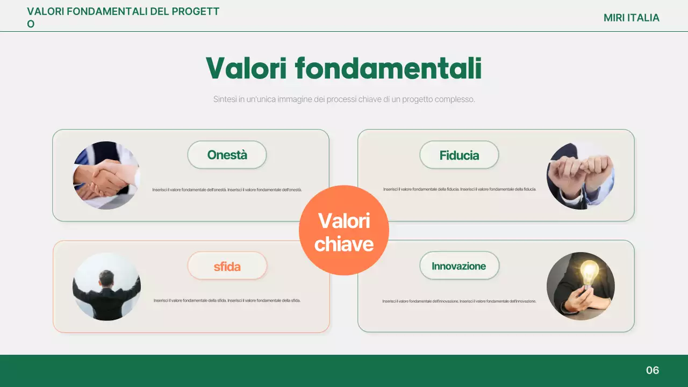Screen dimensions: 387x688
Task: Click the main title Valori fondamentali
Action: pyautogui.click(x=343, y=69)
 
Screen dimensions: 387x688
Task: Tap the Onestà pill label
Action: pyautogui.click(x=227, y=155)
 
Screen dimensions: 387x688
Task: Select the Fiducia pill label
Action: pyautogui.click(x=459, y=155)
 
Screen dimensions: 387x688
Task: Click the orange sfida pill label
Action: pyautogui.click(x=227, y=266)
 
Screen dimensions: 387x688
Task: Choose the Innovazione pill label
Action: pyautogui.click(x=458, y=266)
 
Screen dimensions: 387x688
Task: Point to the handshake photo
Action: pyautogui.click(x=106, y=175)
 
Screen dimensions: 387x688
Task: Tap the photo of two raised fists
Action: pyautogui.click(x=580, y=175)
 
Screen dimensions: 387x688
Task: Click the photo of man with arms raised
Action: pyautogui.click(x=106, y=286)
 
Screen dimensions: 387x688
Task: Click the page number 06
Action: pyautogui.click(x=653, y=370)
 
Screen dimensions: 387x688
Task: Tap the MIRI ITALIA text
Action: pyautogui.click(x=631, y=18)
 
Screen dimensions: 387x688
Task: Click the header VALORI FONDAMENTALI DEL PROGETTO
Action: pyautogui.click(x=123, y=12)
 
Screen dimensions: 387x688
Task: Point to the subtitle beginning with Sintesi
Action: pyautogui.click(x=344, y=99)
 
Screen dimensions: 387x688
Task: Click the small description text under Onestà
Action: pyautogui.click(x=227, y=190)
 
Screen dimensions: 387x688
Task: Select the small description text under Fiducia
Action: pyautogui.click(x=460, y=189)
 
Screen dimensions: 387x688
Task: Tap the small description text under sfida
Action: pyautogui.click(x=227, y=300)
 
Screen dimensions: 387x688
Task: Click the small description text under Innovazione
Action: pyautogui.click(x=459, y=301)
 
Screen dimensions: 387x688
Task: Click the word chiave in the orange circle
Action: pyautogui.click(x=344, y=244)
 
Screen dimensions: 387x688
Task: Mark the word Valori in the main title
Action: pyautogui.click(x=246, y=69)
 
